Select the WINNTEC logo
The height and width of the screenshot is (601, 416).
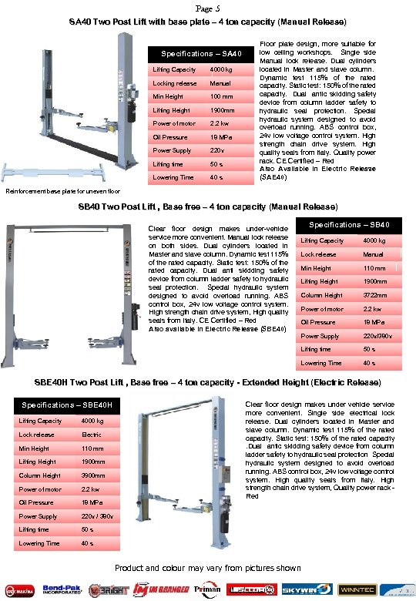click(x=344, y=588)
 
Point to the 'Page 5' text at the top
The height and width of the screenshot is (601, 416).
click(x=208, y=8)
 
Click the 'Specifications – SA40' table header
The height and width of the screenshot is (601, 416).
click(x=201, y=54)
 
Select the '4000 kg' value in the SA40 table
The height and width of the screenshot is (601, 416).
click(x=222, y=70)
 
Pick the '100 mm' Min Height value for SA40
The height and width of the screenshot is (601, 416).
click(x=222, y=97)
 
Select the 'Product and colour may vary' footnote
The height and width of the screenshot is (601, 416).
click(x=208, y=568)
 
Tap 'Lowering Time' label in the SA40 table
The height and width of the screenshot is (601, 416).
click(x=173, y=177)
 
